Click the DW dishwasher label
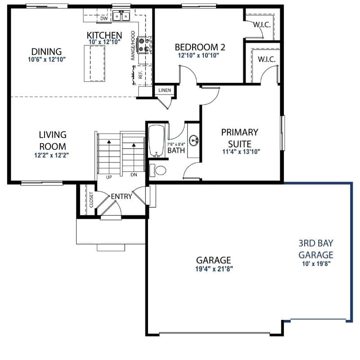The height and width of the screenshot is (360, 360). click(x=104, y=18)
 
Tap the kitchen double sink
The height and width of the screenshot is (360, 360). click(x=121, y=16)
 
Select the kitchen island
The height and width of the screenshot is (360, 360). click(x=94, y=63)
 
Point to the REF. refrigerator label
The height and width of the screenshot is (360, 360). click(x=140, y=75)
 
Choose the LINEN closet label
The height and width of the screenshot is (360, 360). click(x=165, y=90)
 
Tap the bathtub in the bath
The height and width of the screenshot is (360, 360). click(x=156, y=141)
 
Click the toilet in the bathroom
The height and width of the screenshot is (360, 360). click(x=158, y=171)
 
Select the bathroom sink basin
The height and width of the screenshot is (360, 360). click(x=194, y=140)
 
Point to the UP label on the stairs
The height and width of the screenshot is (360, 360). click(x=109, y=177)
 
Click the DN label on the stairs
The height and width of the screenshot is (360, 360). click(x=134, y=175)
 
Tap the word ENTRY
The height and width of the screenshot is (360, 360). click(x=121, y=197)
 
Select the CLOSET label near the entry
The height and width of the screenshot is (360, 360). click(x=91, y=200)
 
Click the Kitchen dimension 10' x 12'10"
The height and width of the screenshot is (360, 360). click(x=104, y=42)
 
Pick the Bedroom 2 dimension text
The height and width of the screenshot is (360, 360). click(x=198, y=55)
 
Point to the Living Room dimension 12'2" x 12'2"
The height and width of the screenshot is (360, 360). click(x=52, y=155)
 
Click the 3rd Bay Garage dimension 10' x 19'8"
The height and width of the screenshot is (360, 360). click(x=316, y=264)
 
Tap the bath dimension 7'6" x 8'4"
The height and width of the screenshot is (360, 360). click(x=176, y=144)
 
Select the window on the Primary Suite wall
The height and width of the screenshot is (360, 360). click(x=283, y=133)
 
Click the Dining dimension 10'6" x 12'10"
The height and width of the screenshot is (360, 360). click(x=47, y=59)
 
